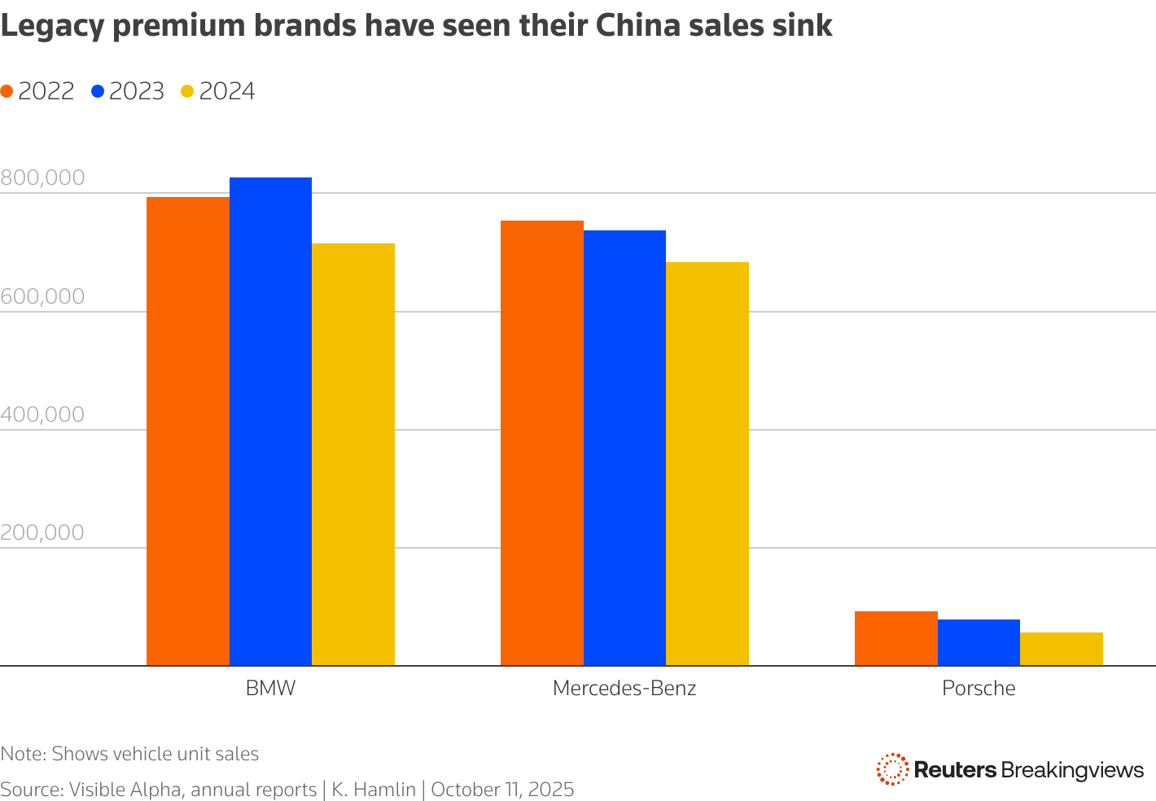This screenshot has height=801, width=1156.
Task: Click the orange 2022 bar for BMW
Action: click(187, 431)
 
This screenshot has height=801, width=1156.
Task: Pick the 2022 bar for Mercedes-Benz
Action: click(541, 443)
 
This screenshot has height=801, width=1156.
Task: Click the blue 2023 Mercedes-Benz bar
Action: click(624, 448)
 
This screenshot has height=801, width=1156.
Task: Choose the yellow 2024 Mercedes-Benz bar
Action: click(707, 464)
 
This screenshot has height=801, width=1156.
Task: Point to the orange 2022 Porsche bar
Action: click(895, 638)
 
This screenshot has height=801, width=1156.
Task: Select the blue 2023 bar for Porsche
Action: click(979, 642)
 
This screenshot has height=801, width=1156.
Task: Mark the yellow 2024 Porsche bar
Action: click(1062, 649)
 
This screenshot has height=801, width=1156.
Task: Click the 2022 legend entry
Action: click(38, 91)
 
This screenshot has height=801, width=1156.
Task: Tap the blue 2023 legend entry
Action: click(129, 91)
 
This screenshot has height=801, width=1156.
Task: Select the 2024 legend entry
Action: click(218, 91)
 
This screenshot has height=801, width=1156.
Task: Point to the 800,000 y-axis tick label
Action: click(42, 177)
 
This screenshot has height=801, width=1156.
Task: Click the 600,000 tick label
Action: click(42, 296)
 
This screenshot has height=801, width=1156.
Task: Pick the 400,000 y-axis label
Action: click(42, 414)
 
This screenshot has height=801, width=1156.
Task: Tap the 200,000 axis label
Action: click(42, 532)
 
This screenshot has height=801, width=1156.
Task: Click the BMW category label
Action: click(270, 688)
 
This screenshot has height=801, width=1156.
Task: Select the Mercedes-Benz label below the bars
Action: click(624, 688)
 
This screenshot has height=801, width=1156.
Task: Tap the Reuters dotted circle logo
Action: click(892, 769)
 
